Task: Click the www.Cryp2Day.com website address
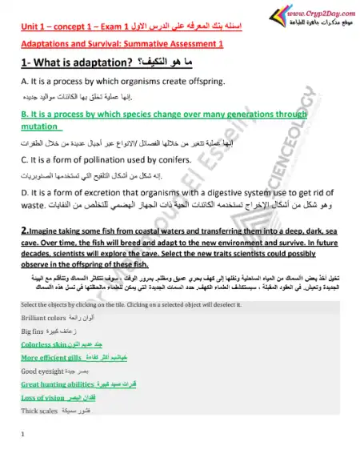click(x=311, y=14)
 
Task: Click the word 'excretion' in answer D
click(x=91, y=194)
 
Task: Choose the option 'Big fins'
click(x=30, y=331)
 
